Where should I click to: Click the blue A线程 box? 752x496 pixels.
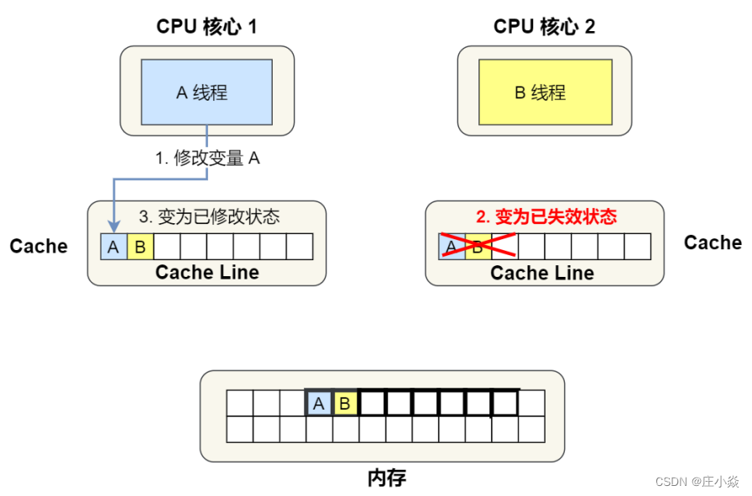pos(206,91)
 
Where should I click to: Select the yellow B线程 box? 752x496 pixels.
pos(544,91)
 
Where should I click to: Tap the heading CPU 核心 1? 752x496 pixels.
pos(206,27)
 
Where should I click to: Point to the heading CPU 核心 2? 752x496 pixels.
pos(544,27)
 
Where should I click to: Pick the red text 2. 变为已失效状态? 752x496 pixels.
pos(546,217)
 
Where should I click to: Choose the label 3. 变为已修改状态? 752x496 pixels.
pos(209,217)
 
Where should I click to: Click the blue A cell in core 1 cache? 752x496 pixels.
pos(113,247)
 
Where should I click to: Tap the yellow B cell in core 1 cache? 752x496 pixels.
pos(140,247)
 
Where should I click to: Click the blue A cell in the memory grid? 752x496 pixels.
pos(318,404)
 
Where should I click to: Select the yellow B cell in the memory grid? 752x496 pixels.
pos(344,404)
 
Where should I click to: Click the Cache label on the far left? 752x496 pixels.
pos(39,247)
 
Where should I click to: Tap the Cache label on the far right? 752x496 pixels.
pos(713,243)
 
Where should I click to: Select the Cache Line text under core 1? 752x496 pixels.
pos(207,273)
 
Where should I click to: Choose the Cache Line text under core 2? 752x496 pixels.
pos(542,274)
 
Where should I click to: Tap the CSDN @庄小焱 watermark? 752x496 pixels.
pos(697,482)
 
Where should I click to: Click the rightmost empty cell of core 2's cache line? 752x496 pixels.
pos(637,247)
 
